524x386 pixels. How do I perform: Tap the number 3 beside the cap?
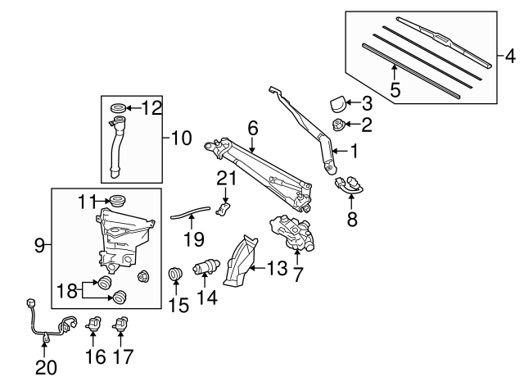(x=367, y=103)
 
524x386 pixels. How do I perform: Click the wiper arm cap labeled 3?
(x=337, y=103)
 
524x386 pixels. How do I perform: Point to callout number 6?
(x=252, y=128)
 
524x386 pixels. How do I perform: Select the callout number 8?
(x=353, y=219)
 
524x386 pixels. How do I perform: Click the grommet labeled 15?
(x=175, y=274)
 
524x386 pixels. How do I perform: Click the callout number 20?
(x=46, y=368)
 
